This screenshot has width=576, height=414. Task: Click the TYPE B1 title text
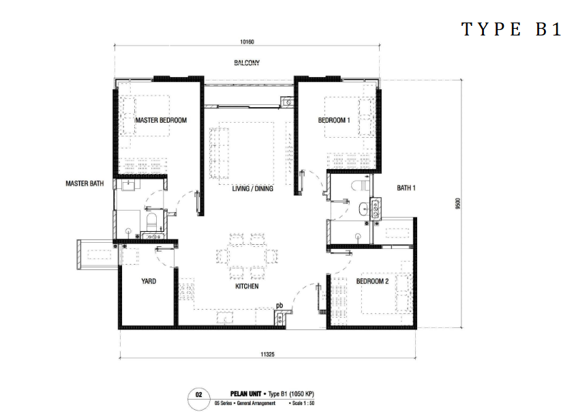click(x=511, y=29)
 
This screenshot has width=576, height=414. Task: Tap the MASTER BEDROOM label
click(x=161, y=120)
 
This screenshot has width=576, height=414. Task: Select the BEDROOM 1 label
click(x=334, y=120)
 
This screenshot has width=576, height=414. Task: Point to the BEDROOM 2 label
click(x=372, y=281)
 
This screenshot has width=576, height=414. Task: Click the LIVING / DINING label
click(x=252, y=189)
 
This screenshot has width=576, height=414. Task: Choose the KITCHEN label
click(x=247, y=286)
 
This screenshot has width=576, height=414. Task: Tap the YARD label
click(x=149, y=281)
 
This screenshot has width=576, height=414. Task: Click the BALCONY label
click(x=247, y=63)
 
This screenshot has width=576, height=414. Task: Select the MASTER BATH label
click(x=85, y=183)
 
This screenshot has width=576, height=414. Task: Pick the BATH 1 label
click(x=406, y=188)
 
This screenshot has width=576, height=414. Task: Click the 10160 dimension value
click(x=247, y=42)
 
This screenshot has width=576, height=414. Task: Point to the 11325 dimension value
click(x=267, y=355)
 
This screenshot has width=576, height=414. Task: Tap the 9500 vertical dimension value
click(x=457, y=204)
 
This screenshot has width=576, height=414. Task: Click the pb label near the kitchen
click(x=279, y=305)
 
